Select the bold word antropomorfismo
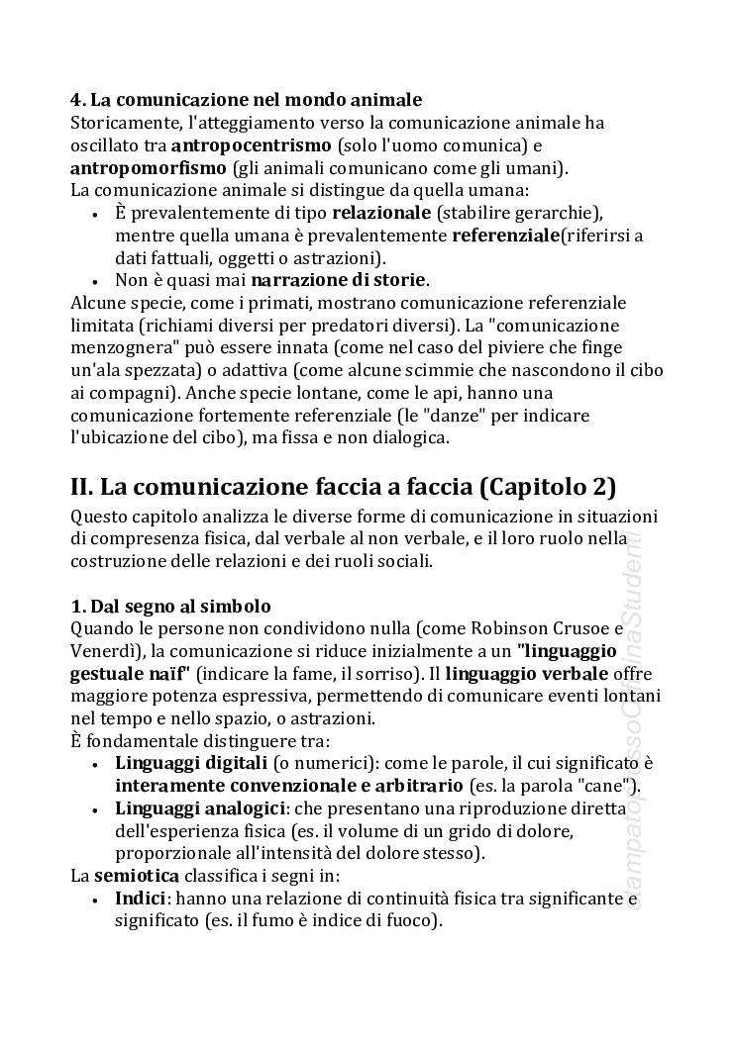149,167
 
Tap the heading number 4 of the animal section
75,100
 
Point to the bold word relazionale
381,213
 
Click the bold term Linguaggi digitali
191,763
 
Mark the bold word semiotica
137,876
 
